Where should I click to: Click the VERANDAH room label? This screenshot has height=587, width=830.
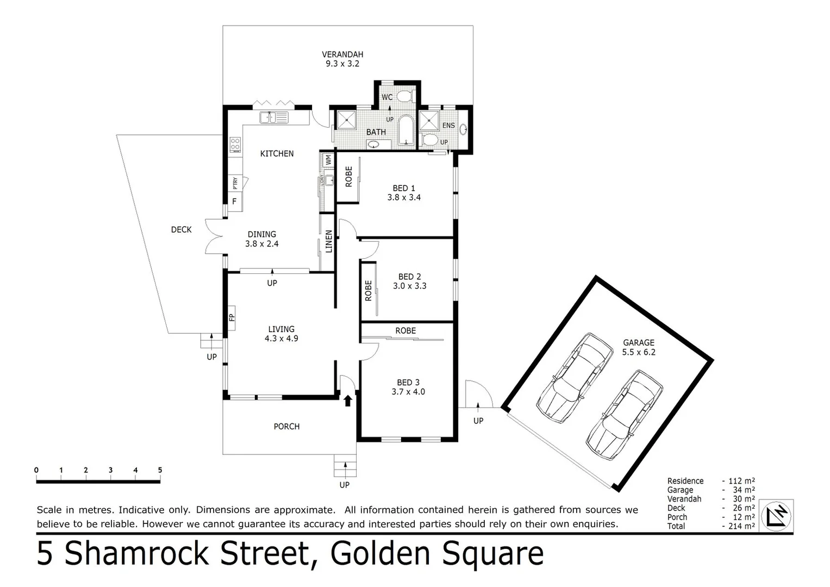click(x=342, y=54)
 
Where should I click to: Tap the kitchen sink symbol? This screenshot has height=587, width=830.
click(x=275, y=117)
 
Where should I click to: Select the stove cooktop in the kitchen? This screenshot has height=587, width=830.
click(x=235, y=145)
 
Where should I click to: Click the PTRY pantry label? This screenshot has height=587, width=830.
click(x=235, y=183)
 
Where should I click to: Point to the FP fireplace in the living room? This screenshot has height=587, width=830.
click(x=231, y=316)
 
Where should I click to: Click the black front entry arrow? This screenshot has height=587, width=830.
click(x=347, y=401)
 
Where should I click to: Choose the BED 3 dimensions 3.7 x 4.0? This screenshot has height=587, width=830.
click(x=408, y=391)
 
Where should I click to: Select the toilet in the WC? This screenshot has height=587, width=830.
click(x=403, y=97)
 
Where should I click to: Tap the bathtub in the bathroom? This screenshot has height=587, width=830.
click(x=406, y=130)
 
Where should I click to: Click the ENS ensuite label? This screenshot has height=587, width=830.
click(x=448, y=126)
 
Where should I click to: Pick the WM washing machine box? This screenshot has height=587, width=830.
click(x=328, y=160)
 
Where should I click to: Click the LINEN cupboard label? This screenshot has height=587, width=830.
click(x=328, y=241)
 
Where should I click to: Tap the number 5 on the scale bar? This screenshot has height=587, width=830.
click(x=160, y=470)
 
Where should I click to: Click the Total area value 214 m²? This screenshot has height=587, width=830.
click(x=741, y=526)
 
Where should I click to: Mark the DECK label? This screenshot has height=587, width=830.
click(x=181, y=230)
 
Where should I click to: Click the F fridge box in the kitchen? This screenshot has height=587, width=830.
click(x=234, y=201)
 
